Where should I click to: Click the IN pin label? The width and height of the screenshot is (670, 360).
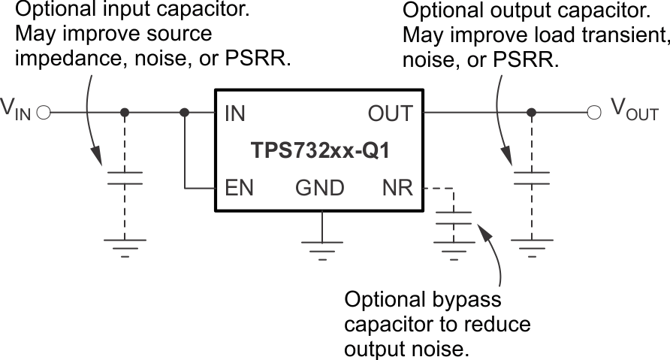[x=234, y=113]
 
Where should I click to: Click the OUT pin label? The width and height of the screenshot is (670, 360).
[x=390, y=113]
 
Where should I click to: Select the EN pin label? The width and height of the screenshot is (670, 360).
[x=239, y=187]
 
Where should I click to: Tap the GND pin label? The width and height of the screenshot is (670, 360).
[x=321, y=187]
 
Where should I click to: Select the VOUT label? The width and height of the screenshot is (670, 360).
[x=633, y=112]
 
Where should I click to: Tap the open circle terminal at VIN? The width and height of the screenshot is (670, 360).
[x=43, y=113]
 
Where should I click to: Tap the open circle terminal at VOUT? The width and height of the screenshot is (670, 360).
[x=594, y=113]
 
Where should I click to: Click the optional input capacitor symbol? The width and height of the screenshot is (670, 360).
[x=124, y=178]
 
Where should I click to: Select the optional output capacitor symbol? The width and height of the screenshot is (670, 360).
[x=531, y=178]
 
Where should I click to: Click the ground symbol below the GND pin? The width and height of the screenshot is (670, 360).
[x=321, y=247]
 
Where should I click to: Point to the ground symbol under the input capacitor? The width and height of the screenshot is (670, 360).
[x=124, y=246]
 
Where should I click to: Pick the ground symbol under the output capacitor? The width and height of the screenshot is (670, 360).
[x=531, y=246]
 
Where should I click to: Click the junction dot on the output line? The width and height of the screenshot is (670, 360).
[x=531, y=113]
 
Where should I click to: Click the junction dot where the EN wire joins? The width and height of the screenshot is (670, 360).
[x=185, y=113]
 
